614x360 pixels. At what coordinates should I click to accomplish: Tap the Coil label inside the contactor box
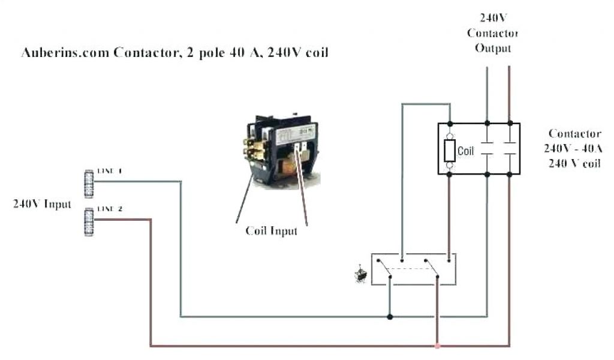(x=466, y=151)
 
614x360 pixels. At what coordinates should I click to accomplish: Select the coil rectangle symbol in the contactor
(x=450, y=150)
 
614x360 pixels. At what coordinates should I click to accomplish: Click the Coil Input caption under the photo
(x=272, y=231)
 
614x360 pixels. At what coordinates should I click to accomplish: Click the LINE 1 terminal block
(x=89, y=184)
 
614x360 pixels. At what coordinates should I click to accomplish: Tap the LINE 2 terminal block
(x=89, y=222)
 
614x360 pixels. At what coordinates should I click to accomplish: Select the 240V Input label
(x=42, y=203)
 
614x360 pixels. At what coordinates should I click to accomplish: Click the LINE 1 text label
(x=110, y=172)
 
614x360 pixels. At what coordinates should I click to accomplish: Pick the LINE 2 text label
(x=110, y=209)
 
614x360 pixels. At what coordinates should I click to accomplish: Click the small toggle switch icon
(x=362, y=274)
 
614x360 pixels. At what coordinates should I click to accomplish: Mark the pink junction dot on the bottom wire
(x=438, y=346)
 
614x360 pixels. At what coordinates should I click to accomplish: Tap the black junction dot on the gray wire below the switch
(x=390, y=316)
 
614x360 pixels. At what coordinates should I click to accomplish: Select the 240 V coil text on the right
(x=574, y=163)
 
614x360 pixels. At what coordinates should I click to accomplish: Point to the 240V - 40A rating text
(x=574, y=148)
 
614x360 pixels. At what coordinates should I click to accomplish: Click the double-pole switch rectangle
(x=413, y=269)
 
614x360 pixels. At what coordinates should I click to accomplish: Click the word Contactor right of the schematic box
(x=574, y=133)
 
